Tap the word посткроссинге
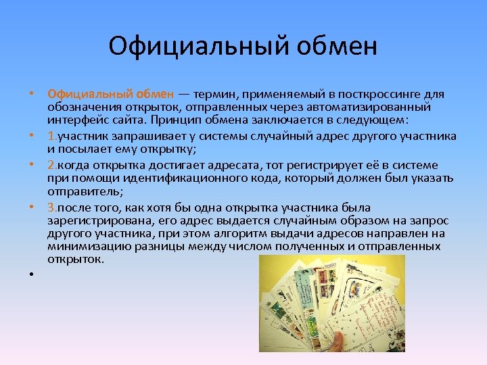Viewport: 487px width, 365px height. [358, 95]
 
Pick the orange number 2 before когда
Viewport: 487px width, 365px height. [51, 166]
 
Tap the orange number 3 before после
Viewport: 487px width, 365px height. [51, 208]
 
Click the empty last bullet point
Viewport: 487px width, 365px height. [32, 274]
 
